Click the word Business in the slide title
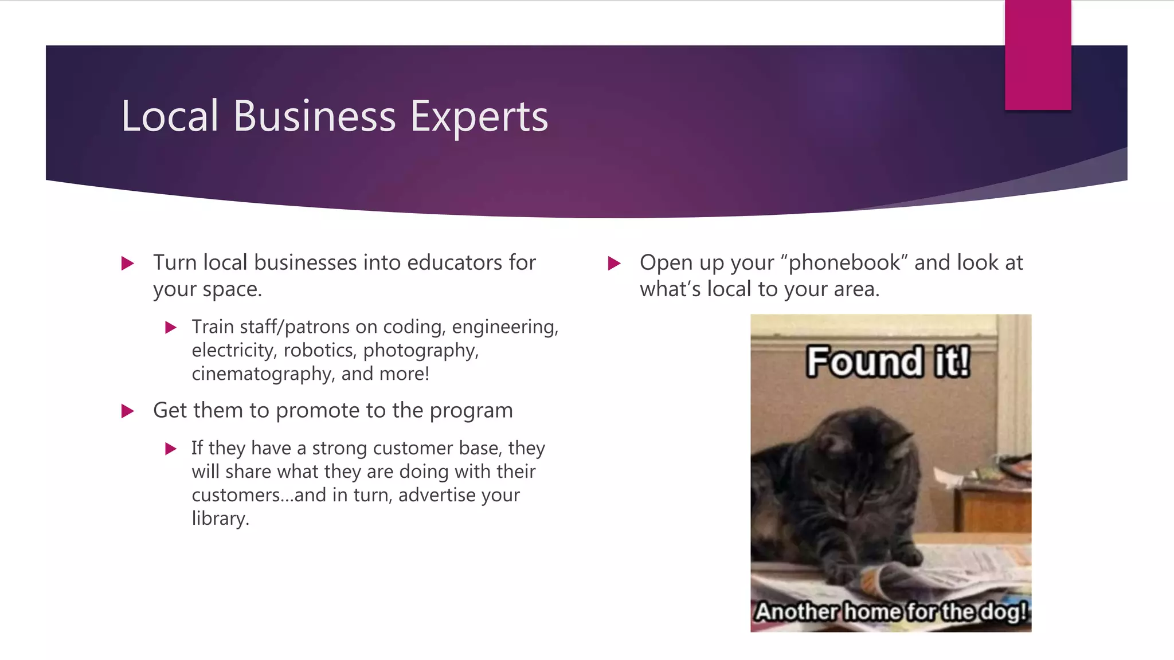tap(314, 116)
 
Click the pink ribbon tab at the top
tap(1038, 55)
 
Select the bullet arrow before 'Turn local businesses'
tap(128, 264)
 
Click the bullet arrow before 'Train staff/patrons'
tap(170, 328)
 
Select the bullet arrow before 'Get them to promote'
tap(128, 411)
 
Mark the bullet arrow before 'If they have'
tap(170, 449)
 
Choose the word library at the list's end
tap(220, 518)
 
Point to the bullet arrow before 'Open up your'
tap(615, 264)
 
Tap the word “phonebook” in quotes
tap(844, 262)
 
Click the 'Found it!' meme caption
tap(888, 362)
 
